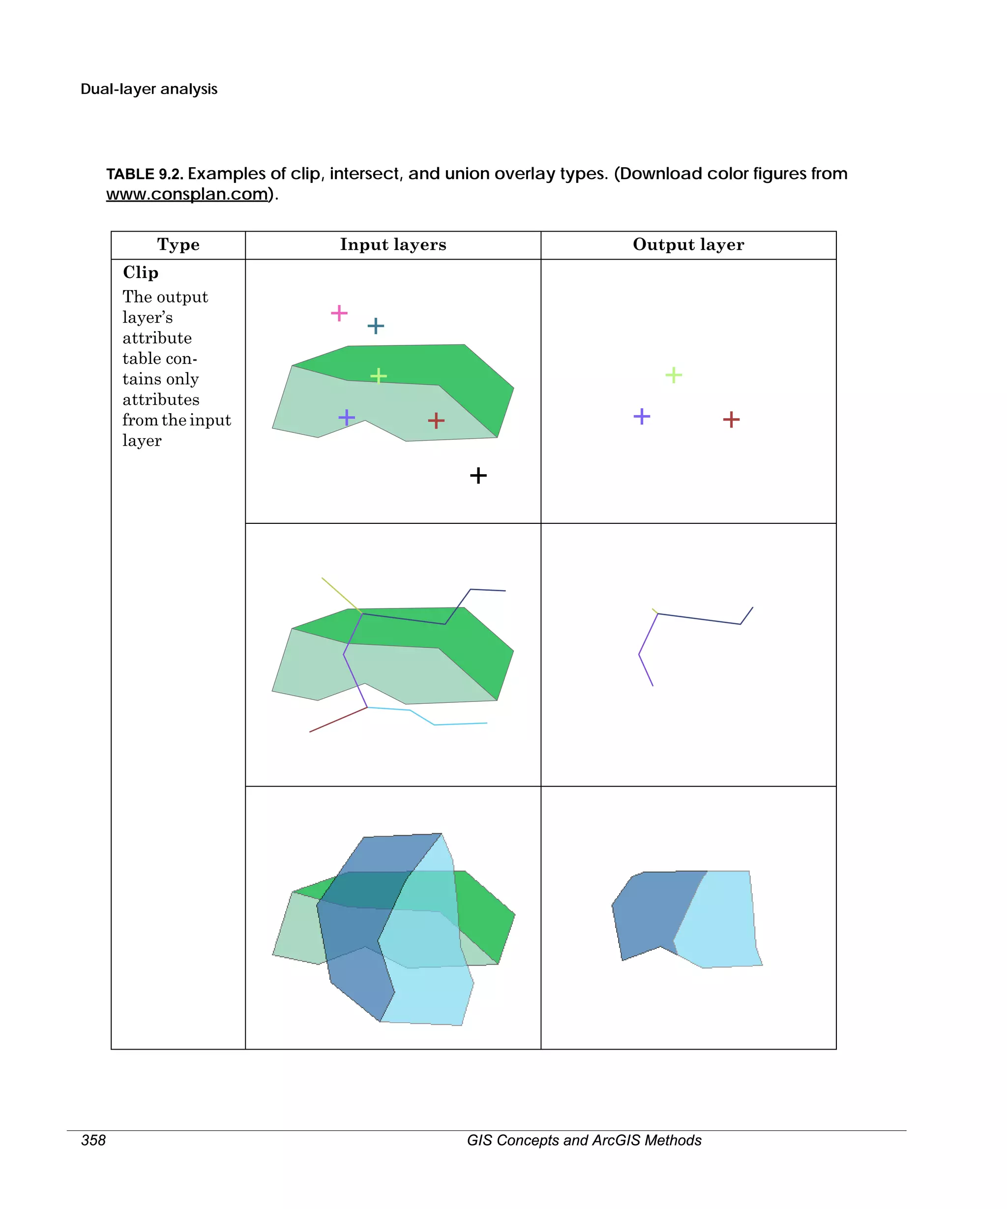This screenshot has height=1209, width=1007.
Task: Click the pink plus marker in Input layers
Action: pyautogui.click(x=339, y=313)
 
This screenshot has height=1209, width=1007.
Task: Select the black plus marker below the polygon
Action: pyautogui.click(x=478, y=476)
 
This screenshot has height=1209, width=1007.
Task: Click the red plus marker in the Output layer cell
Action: pyautogui.click(x=731, y=419)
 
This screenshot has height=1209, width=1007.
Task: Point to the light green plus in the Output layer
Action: pyautogui.click(x=673, y=375)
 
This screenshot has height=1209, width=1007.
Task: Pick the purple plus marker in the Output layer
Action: pyautogui.click(x=642, y=416)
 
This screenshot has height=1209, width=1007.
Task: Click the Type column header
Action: pyautogui.click(x=178, y=244)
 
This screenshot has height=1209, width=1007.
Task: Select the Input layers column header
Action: pyautogui.click(x=393, y=244)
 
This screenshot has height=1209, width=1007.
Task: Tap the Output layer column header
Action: pyautogui.click(x=688, y=244)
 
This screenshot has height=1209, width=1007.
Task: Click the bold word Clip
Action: pyautogui.click(x=141, y=272)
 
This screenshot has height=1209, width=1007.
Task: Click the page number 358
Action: pyautogui.click(x=93, y=1141)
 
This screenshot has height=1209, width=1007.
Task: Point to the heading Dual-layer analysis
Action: pyautogui.click(x=149, y=89)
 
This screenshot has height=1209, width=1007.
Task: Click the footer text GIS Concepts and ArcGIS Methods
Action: pyautogui.click(x=584, y=1141)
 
